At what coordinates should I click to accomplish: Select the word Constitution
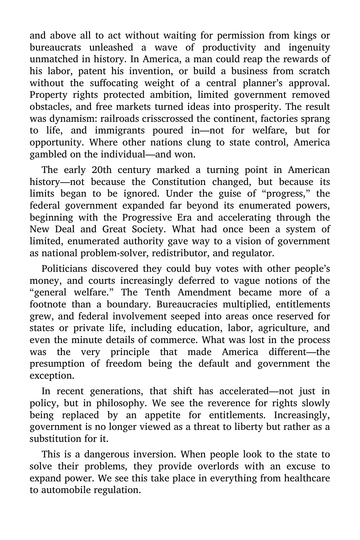[179, 182]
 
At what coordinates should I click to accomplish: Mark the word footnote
[48, 304]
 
